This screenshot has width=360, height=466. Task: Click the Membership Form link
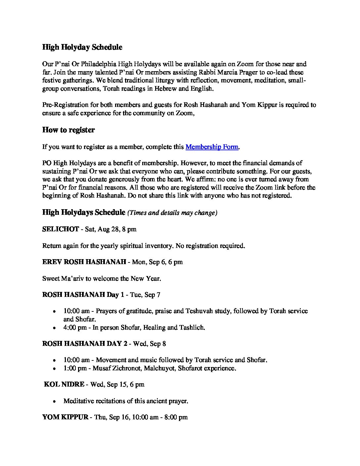coord(212,147)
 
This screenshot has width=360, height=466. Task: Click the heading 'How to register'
coord(68,130)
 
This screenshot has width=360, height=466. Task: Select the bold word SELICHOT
coord(61,229)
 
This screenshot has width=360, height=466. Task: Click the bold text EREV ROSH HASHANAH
coord(84,262)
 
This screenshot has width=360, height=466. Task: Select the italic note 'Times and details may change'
coord(172,213)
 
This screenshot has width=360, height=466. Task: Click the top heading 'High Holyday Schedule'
coord(82,47)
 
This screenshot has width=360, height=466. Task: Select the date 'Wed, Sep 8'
coord(150,344)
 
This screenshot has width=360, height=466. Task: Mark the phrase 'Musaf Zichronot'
coord(117,368)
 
